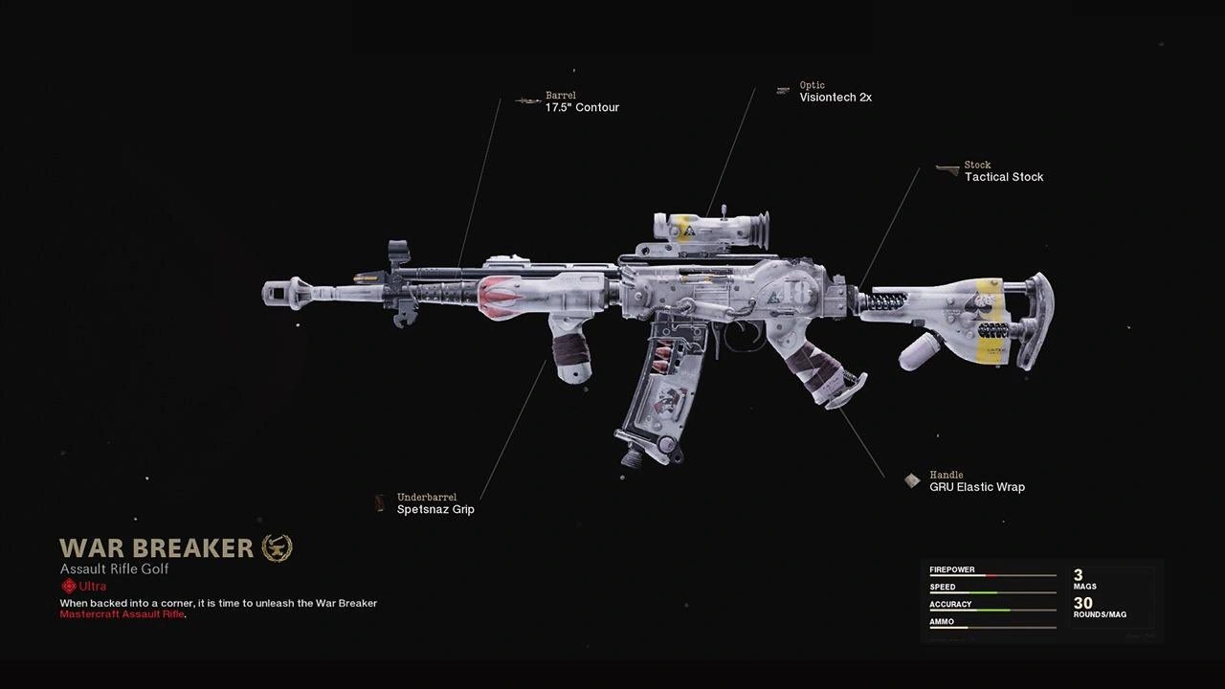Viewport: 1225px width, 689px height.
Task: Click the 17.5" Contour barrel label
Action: (582, 107)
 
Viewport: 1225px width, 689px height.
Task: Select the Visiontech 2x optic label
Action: (835, 97)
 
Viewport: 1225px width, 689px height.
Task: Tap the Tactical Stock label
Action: (1003, 177)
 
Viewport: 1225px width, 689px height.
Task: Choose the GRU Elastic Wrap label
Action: (976, 487)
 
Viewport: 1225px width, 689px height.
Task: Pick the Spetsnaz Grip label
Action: (435, 510)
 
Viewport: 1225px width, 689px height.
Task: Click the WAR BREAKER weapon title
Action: (156, 547)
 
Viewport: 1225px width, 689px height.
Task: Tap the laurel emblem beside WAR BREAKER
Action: (277, 547)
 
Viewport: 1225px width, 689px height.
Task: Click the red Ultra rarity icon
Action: (68, 586)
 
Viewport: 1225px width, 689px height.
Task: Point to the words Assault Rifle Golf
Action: (114, 568)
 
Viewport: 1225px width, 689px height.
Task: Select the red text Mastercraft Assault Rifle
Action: (122, 614)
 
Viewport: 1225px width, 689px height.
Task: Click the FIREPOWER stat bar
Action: (992, 576)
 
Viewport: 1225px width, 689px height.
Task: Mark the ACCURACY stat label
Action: (950, 604)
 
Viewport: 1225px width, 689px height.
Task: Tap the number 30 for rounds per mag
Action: (1082, 603)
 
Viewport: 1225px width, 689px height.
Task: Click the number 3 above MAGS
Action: (1079, 575)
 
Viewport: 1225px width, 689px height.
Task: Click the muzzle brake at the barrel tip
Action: (285, 292)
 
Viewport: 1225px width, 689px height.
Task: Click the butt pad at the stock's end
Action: (1037, 321)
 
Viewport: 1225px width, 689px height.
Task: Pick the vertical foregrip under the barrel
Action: (572, 349)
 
